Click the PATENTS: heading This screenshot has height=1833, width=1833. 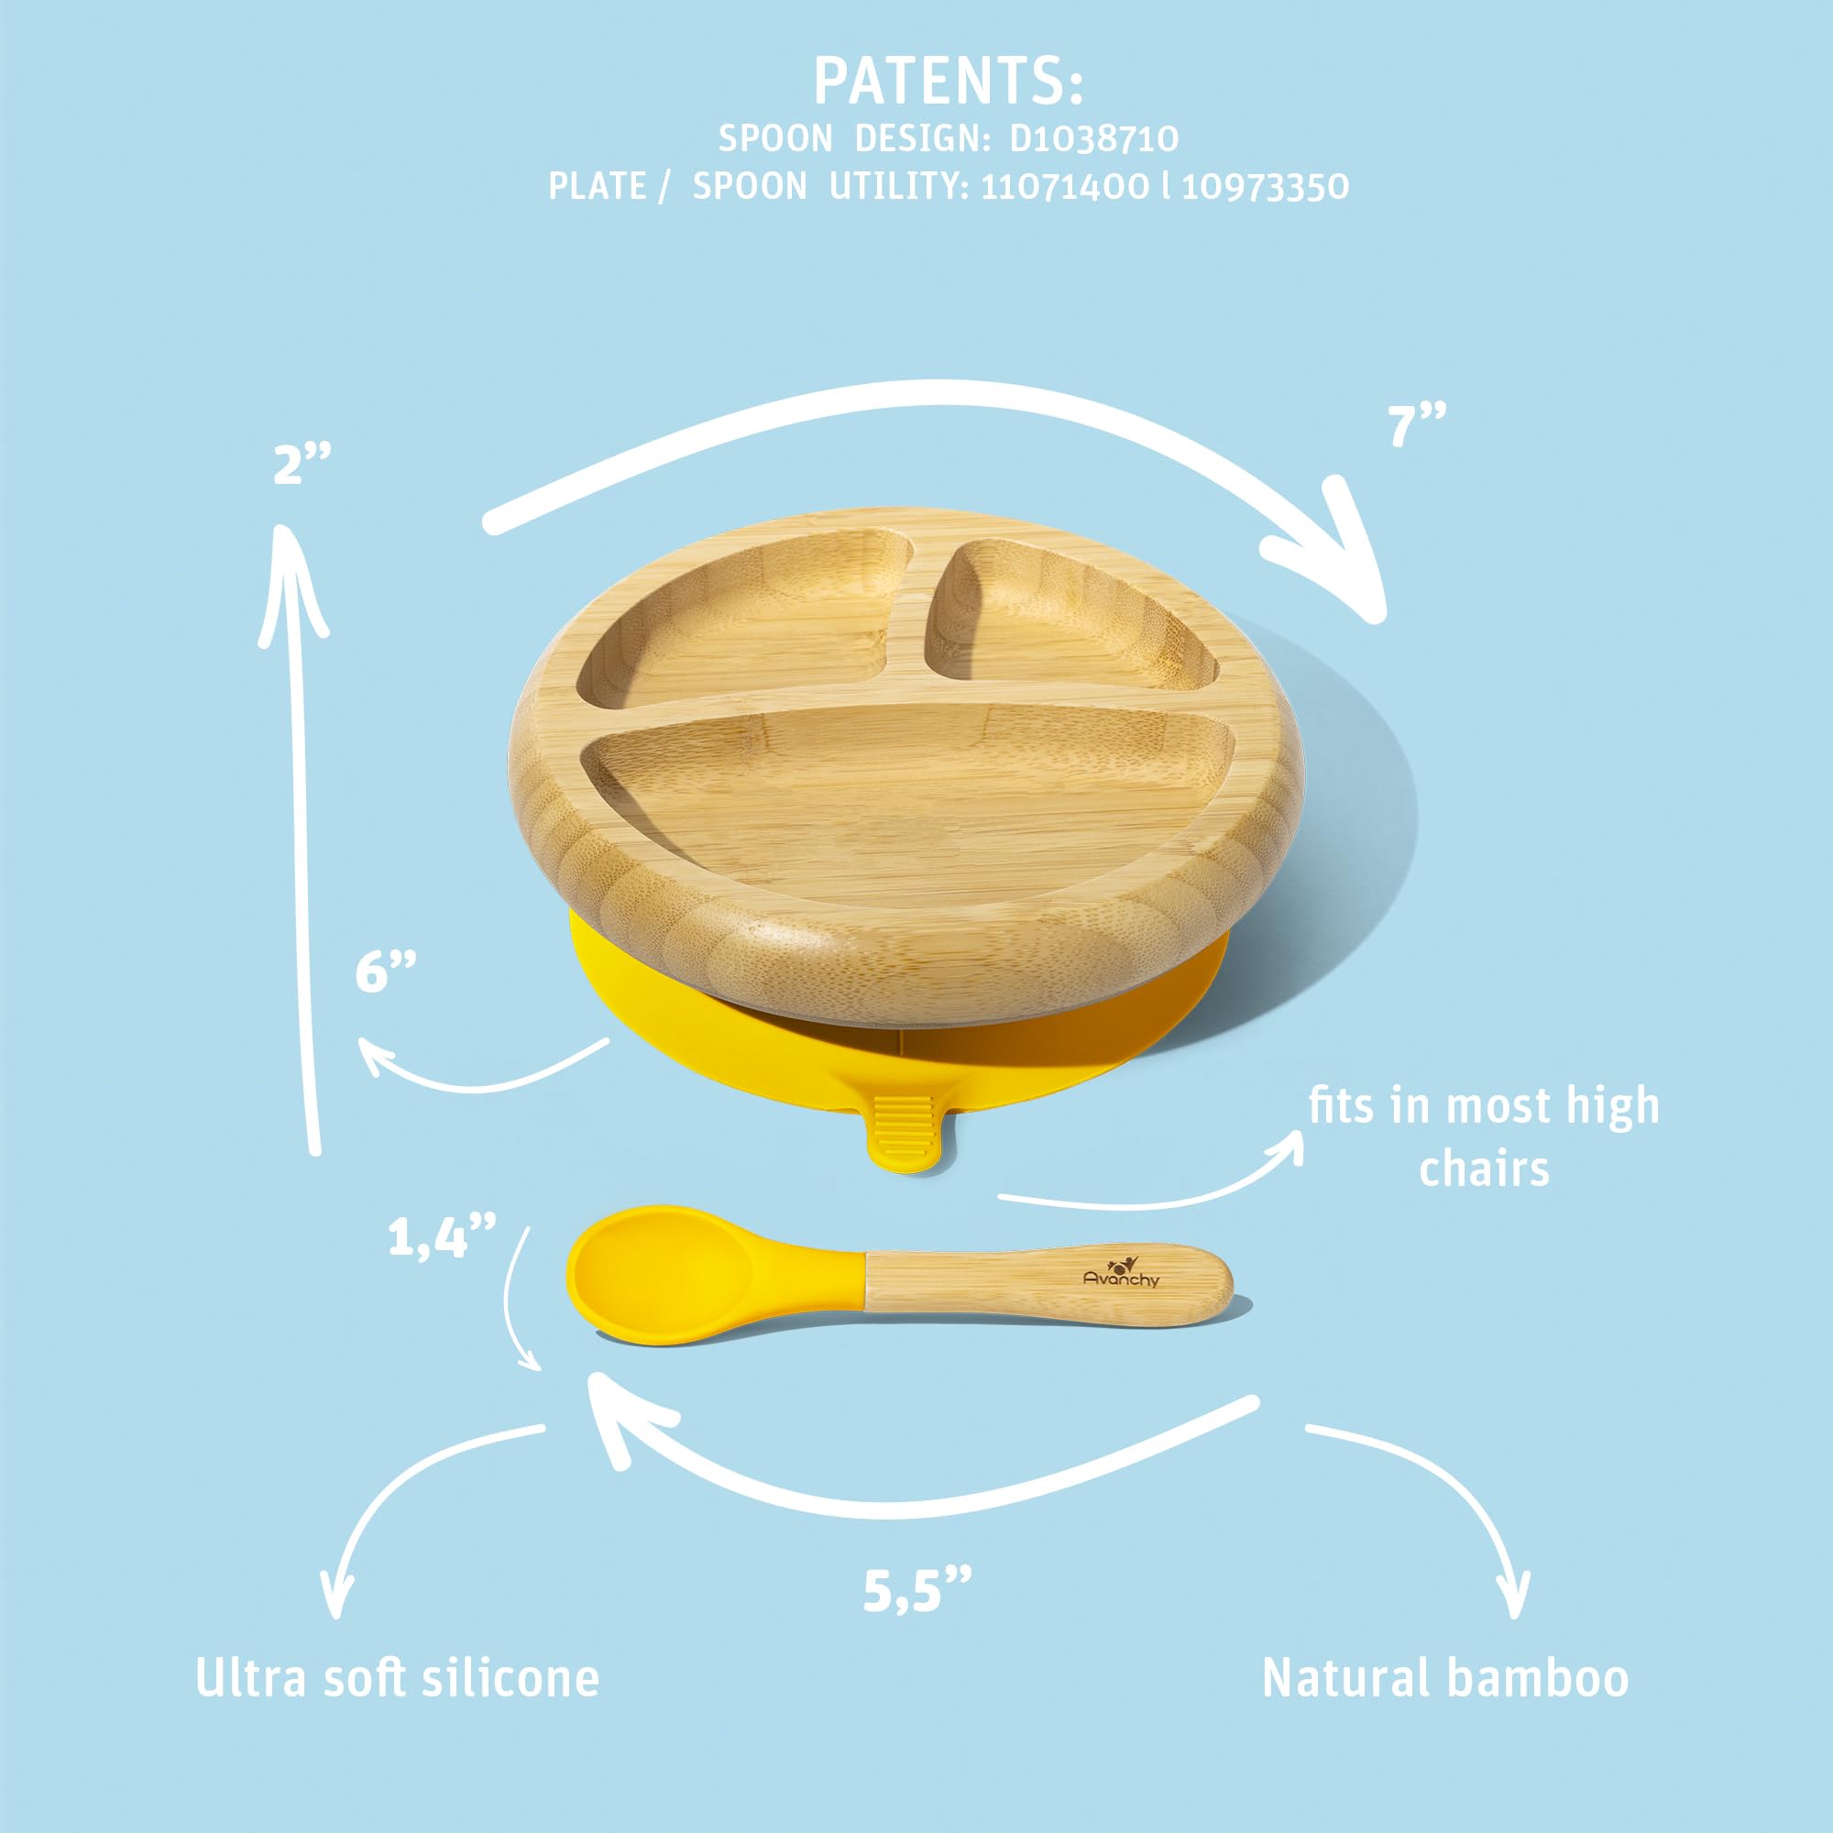pos(948,82)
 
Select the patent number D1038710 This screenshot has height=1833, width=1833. pos(1094,138)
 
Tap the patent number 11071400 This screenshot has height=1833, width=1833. pos(1063,186)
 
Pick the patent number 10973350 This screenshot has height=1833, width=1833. pos(1265,186)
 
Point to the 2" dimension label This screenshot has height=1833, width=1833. pos(302,464)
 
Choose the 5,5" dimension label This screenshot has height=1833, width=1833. pos(917,1590)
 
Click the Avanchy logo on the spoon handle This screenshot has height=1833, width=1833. pos(1122,1272)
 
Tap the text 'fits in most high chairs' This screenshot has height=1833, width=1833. pos(1484,1136)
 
